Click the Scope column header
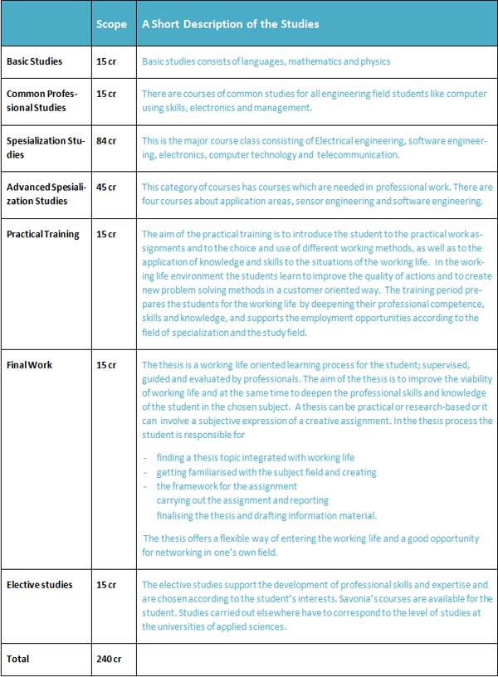point(111,24)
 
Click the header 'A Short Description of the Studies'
point(231,24)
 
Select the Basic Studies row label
point(35,61)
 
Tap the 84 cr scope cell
point(106,141)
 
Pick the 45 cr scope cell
point(106,188)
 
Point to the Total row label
point(17,659)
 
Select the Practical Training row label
point(42,234)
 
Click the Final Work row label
point(29,364)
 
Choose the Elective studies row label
point(39,585)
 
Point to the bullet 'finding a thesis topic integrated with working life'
point(255,458)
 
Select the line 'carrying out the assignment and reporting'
point(242,500)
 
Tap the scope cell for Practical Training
point(106,234)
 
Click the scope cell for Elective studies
point(106,585)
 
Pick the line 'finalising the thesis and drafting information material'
point(266,514)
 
